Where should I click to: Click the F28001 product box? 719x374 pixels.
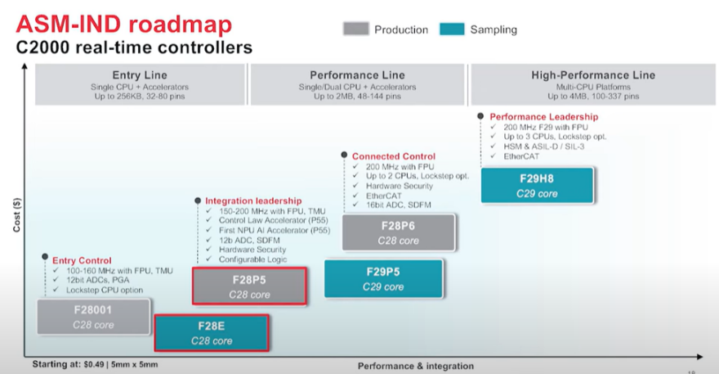(93, 318)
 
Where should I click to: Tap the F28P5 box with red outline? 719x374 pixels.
(249, 286)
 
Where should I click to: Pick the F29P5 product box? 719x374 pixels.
(383, 278)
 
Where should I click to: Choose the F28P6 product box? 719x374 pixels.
(398, 232)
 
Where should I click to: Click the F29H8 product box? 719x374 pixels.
(536, 186)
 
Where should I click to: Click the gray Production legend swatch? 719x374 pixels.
(355, 29)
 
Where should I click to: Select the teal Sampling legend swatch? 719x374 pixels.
(452, 29)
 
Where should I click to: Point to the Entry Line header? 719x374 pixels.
(134, 75)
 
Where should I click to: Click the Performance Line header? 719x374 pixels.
(358, 75)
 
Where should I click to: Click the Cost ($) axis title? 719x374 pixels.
(18, 214)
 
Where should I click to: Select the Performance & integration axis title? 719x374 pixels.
(415, 365)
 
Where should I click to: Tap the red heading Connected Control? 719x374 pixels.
(394, 156)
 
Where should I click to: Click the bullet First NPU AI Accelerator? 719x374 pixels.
(275, 231)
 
